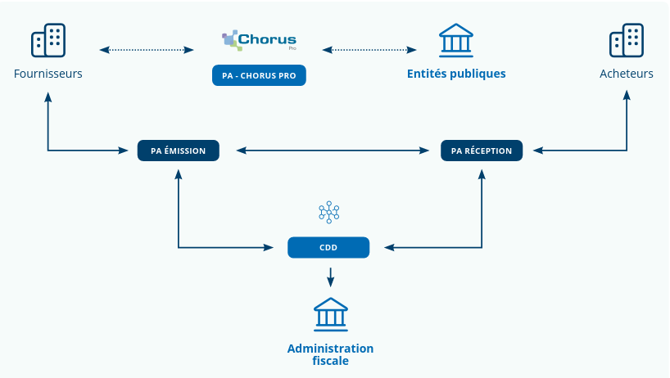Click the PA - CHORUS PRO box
[259, 76]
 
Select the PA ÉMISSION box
[178, 151]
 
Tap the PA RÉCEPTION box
[482, 151]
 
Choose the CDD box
[328, 247]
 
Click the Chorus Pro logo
[259, 40]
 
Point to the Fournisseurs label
[48, 74]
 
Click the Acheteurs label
[627, 74]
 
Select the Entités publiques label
[456, 74]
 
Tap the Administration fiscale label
[330, 354]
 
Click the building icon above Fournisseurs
[48, 40]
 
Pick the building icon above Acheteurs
[627, 40]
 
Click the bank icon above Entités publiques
[456, 40]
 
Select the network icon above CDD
[328, 213]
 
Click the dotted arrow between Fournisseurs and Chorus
[147, 50]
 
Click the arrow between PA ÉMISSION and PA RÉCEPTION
[333, 151]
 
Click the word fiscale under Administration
[330, 361]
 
